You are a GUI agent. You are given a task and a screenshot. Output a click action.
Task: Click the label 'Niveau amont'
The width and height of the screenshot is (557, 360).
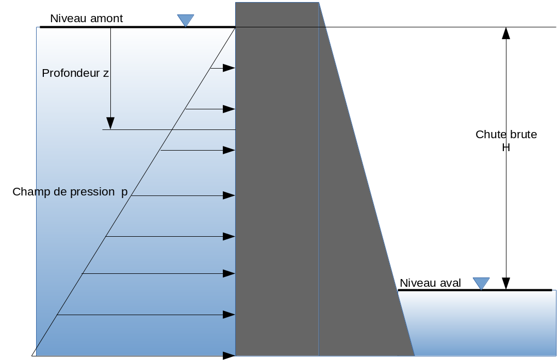coord(86,19)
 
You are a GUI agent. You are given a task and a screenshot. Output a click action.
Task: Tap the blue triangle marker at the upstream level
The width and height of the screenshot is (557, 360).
coord(185,20)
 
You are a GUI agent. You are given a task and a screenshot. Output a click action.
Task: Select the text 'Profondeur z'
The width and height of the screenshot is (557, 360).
coord(75,73)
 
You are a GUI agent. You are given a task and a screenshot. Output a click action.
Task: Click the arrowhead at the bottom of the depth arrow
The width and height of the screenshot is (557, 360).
coord(110,123)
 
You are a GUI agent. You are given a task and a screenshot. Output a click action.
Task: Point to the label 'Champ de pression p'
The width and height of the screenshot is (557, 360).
coord(70,192)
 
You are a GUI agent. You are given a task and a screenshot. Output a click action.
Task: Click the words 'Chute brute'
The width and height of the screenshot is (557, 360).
coord(506,135)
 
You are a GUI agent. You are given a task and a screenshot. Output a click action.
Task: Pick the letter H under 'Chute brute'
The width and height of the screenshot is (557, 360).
coord(506,148)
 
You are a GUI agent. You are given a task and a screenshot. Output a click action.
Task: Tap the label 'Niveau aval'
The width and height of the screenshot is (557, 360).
coord(430,283)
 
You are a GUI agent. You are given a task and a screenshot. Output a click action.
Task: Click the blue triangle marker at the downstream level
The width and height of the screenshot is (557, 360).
coord(481,283)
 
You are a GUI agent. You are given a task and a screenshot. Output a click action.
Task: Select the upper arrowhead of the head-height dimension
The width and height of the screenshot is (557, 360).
coord(506,33)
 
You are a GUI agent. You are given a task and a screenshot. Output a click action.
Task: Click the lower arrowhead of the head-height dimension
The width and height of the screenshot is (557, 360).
coord(506,284)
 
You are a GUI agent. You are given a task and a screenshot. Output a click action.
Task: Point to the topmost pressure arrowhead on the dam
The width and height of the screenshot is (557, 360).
coord(229,68)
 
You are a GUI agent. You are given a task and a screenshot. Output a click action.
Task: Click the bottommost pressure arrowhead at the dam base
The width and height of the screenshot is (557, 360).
coord(229,355)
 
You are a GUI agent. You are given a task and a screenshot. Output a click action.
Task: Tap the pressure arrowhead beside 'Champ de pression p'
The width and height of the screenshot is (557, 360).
coord(229,195)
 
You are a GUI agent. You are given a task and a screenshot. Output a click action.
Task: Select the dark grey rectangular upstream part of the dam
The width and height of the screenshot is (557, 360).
coord(276,181)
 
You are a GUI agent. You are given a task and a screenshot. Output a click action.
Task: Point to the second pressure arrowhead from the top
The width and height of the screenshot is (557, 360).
coord(229,109)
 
